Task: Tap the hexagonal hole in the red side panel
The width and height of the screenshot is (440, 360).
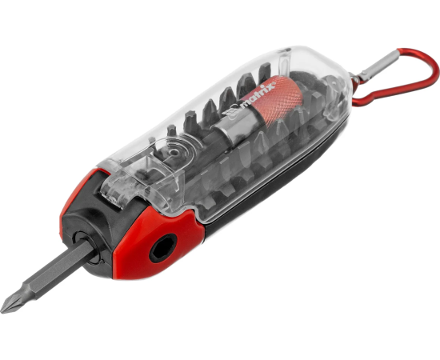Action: tap(163, 248)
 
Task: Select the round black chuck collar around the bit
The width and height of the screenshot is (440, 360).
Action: tap(86, 248)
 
